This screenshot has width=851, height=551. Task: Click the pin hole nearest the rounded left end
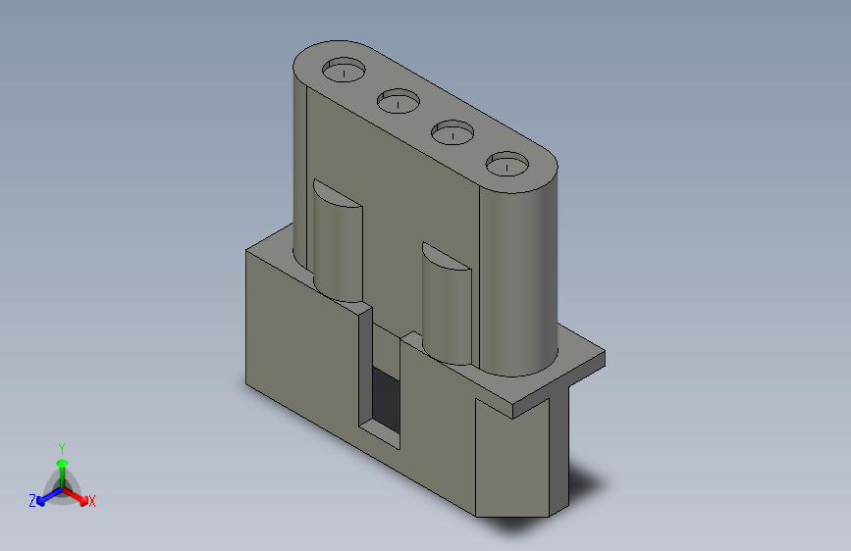coord(344,70)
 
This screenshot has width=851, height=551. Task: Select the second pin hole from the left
coord(399,101)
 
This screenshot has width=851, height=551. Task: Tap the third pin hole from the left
coord(452,131)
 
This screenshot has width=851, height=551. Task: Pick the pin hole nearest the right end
coord(506,163)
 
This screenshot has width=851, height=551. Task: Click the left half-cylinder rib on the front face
coord(338,247)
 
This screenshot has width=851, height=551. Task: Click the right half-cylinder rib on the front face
coord(447,309)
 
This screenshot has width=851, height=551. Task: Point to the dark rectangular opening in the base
coord(386,399)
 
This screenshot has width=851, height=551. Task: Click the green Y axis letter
coord(62,449)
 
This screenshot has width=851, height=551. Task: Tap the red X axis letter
coord(91,502)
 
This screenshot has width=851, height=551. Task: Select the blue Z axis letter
coord(32,501)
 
